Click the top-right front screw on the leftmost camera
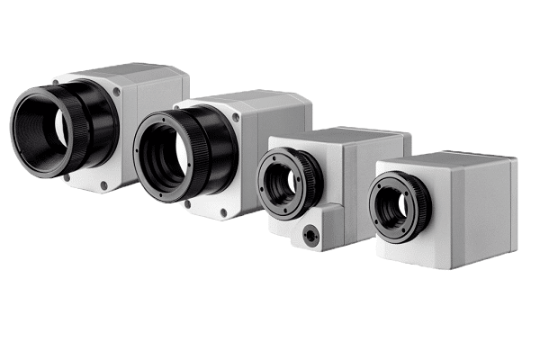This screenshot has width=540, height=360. [x=116, y=91]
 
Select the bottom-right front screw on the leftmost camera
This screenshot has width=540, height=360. [x=104, y=185]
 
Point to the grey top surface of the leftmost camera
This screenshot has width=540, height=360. [x=126, y=72]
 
